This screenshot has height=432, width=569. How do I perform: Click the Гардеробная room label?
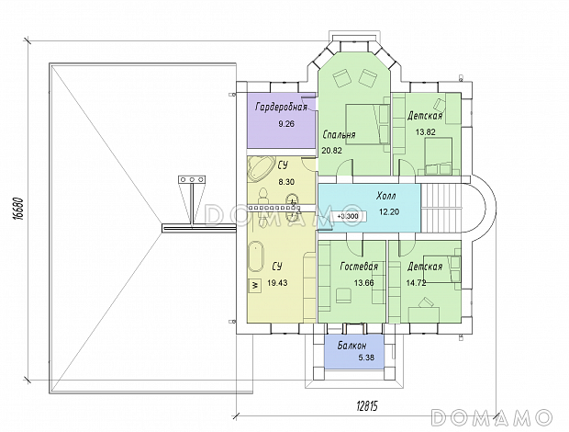[x=282, y=108]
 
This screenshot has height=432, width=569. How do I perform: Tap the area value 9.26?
[x=286, y=124]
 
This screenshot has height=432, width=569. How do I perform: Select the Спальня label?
[x=339, y=135]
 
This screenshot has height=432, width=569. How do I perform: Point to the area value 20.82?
[x=331, y=150]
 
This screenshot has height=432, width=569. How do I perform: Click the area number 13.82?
[x=425, y=131]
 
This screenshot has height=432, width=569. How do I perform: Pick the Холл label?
[x=385, y=197]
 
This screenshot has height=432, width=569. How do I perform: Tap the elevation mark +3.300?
[x=348, y=216]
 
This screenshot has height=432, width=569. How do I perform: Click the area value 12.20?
[x=389, y=211]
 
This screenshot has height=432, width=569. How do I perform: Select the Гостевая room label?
[x=359, y=267]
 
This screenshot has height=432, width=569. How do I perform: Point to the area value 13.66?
[x=364, y=283]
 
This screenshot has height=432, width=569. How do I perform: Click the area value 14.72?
[x=416, y=283]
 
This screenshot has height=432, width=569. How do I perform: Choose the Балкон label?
[x=351, y=346]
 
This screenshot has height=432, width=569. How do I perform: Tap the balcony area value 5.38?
[x=366, y=358]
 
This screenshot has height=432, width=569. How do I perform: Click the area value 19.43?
[x=277, y=283]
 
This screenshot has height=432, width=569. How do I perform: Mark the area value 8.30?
[x=286, y=182]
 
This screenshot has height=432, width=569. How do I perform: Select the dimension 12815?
[x=366, y=406]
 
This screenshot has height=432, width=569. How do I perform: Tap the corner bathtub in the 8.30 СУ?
[x=260, y=168]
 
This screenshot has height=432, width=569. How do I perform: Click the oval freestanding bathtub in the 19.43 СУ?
[x=256, y=257]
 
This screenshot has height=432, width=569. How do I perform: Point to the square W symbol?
[x=255, y=286]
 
